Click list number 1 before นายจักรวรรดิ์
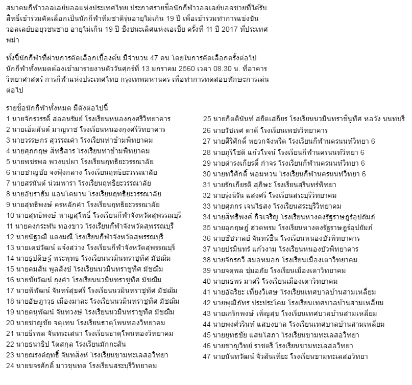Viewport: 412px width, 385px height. [9, 119]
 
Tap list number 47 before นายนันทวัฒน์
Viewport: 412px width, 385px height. [207, 356]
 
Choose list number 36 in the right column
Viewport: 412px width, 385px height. [207, 238]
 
